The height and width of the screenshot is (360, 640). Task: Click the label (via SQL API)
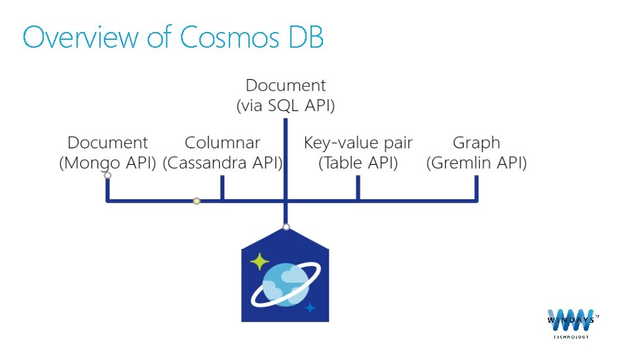[x=286, y=106]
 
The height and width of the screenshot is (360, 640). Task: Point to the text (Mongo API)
[x=108, y=163]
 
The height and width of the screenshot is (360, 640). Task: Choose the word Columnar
[x=222, y=142]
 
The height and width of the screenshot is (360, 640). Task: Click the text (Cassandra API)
[x=222, y=163]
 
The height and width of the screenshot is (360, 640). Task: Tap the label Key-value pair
[x=358, y=142]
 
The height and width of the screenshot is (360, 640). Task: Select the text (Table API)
[x=358, y=163]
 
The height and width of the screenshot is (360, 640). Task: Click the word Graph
[x=476, y=142]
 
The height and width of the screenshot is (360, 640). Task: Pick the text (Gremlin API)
[x=476, y=163]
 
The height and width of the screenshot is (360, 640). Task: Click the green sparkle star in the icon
[x=260, y=261]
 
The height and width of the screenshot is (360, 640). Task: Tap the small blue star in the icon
[x=310, y=307]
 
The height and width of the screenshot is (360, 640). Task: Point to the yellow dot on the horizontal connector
[x=196, y=201]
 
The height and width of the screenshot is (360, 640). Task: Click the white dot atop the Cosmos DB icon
[x=286, y=227]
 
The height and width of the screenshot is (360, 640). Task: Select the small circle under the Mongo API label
[x=108, y=175]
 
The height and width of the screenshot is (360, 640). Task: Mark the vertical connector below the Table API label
[x=358, y=188]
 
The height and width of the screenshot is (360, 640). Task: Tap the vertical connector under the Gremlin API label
[x=476, y=188]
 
